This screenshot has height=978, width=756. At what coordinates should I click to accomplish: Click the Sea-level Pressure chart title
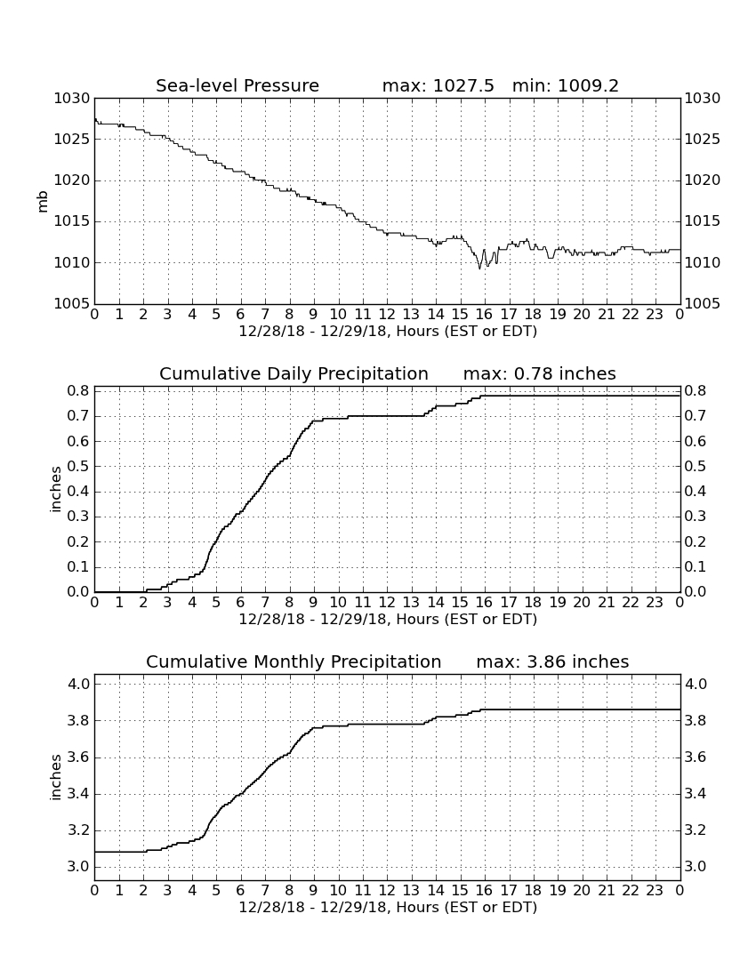[237, 85]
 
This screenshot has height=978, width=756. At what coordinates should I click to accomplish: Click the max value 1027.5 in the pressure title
[463, 85]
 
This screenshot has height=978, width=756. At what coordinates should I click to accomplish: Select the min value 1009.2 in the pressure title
[588, 85]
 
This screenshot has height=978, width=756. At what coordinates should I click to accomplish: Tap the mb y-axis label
[43, 201]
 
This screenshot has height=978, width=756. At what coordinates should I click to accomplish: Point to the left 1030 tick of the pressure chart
[72, 99]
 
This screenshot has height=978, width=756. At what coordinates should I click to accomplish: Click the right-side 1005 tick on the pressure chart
[703, 304]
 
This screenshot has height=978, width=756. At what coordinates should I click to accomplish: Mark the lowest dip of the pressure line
[479, 269]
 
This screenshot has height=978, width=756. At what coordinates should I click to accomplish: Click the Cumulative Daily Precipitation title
[294, 373]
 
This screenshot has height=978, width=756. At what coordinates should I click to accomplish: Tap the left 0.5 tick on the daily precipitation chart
[78, 467]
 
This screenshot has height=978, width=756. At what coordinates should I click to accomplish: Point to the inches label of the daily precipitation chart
[56, 490]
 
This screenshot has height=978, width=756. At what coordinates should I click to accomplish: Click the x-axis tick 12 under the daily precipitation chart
[387, 602]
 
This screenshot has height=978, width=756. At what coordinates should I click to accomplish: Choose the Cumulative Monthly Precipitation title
[294, 661]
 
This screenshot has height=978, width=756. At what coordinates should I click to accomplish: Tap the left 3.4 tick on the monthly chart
[78, 795]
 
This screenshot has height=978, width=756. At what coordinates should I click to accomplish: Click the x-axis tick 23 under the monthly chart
[655, 890]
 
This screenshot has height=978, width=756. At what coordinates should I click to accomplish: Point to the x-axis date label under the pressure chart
[388, 332]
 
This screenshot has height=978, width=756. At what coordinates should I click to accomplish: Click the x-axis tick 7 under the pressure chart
[265, 314]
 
